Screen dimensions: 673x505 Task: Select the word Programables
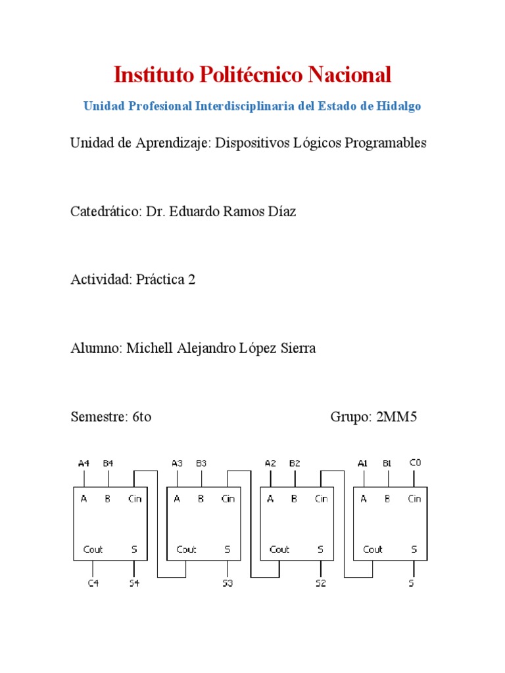click(385, 143)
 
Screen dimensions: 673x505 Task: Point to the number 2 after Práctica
click(191, 280)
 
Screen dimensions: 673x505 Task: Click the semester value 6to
click(141, 417)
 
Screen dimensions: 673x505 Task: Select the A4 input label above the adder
click(83, 463)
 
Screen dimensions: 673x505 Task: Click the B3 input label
click(201, 463)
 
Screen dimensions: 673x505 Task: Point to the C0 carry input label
click(414, 463)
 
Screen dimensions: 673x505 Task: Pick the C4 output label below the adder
click(93, 583)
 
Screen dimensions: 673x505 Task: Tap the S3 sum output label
click(228, 583)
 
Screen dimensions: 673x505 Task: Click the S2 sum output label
click(320, 583)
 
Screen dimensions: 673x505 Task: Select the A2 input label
click(270, 463)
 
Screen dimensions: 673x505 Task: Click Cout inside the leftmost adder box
click(93, 549)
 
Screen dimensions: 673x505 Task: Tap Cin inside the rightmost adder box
click(414, 499)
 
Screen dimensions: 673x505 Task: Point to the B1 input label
click(387, 463)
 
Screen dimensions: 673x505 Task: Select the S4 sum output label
click(134, 583)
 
